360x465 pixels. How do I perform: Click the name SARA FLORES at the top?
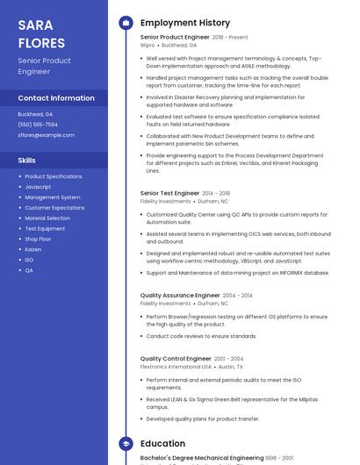[41, 32]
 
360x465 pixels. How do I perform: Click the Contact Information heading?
[56, 98]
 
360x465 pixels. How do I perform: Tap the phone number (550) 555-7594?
[38, 125]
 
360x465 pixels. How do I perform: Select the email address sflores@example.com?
[46, 135]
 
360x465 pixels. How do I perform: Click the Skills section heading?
[27, 161]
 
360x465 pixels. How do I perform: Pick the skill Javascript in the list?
[38, 187]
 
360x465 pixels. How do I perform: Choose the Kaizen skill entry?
[33, 249]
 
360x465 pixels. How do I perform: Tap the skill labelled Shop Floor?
[38, 239]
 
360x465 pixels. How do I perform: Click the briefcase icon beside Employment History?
[126, 22]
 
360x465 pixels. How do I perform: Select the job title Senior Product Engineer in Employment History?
[175, 38]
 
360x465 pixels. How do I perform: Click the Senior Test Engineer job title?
[169, 193]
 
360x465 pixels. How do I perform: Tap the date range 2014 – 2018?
[216, 193]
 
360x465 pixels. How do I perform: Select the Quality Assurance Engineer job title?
[180, 296]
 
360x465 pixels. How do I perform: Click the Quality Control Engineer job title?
[176, 359]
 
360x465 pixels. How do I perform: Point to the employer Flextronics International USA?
[176, 367]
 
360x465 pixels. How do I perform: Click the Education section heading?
[162, 444]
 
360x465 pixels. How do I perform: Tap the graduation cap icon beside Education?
[126, 444]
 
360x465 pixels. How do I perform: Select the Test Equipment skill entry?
[45, 228]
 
